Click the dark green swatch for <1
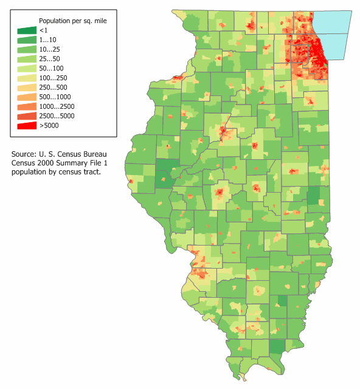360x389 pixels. pos(26,30)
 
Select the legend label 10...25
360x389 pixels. pos(49,49)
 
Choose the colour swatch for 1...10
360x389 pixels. pos(26,40)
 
